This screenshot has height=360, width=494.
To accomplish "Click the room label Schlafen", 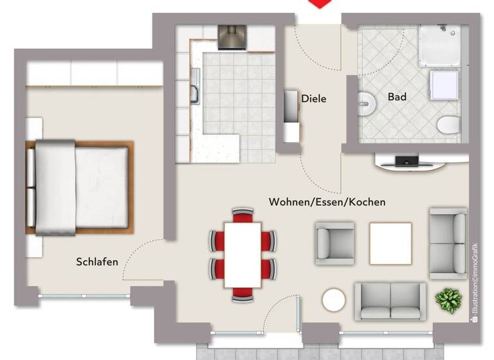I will pos(97,262).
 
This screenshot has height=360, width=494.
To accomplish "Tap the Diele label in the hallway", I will pos(314,98).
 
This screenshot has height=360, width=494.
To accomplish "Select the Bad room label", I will pos(397,97).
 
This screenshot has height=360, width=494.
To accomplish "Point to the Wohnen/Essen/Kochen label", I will pos(327,202).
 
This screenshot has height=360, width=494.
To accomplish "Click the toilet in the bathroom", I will pos(448,124).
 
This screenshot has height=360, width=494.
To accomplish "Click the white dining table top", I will pos(242,255).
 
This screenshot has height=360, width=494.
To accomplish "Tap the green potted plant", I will pos(448,300).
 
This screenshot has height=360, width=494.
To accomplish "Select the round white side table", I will pos(334,300).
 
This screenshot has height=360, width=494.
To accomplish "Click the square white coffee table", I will pos(390,243).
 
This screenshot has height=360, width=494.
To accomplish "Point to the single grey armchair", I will pos(334,243).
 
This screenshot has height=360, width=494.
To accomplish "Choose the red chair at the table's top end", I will pos(242,215).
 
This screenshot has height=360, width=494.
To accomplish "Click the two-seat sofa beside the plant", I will pos(390,301).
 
